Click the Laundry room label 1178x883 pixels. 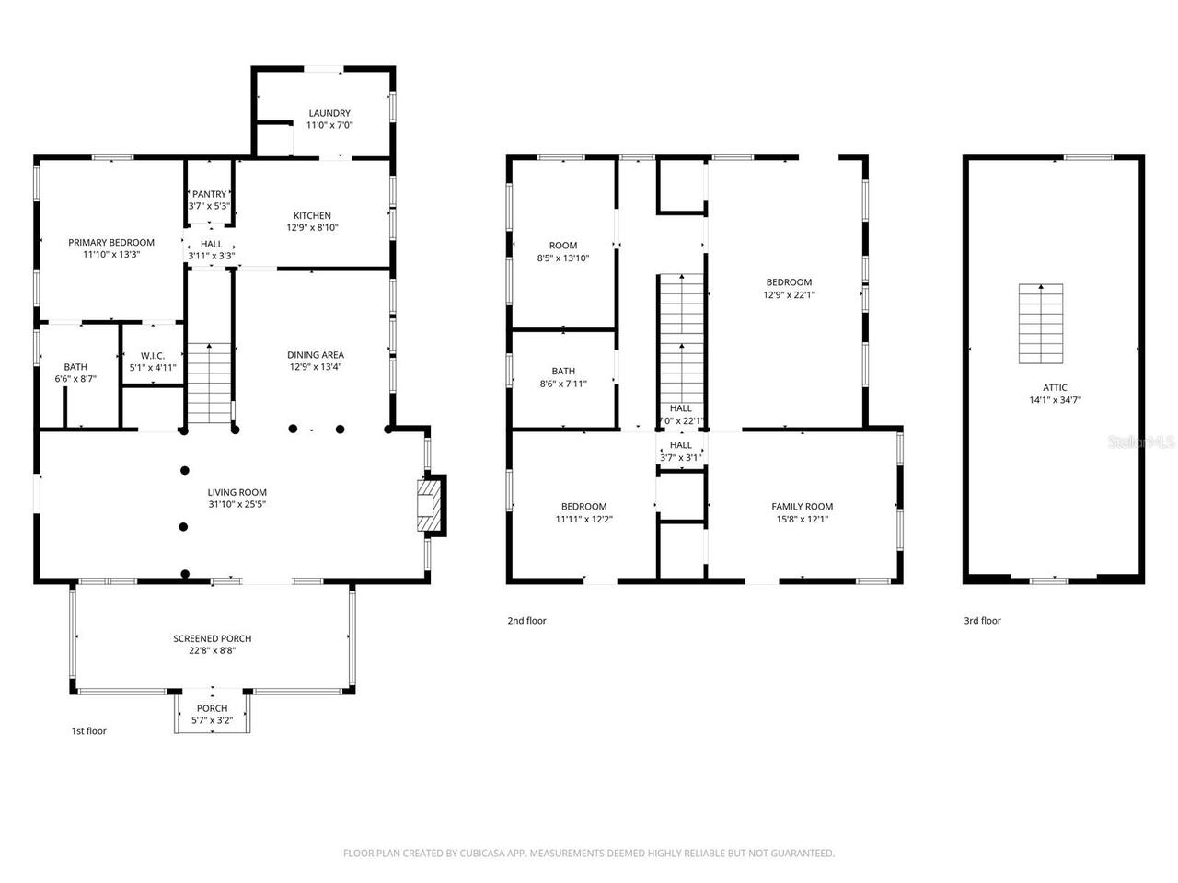329,114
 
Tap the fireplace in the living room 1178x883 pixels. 428,505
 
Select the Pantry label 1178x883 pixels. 209,194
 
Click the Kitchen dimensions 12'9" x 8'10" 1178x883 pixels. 312,228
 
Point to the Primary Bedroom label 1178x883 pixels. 111,243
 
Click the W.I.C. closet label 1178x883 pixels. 152,356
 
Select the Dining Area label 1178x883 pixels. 316,355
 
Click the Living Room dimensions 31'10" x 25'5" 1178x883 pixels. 237,505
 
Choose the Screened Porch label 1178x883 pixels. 212,638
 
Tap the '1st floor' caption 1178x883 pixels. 89,731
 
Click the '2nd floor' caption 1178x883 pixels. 526,621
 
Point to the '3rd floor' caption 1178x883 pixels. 982,621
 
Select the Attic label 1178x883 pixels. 1055,387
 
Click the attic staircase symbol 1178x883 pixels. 1040,324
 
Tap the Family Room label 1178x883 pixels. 802,507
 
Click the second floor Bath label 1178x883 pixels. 563,372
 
